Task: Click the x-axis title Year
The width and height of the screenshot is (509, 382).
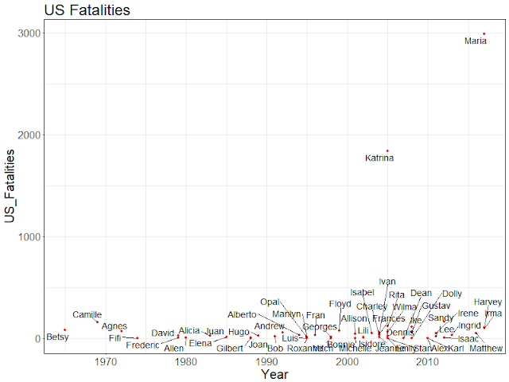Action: click(274, 373)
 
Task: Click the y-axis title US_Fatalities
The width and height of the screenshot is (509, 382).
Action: click(10, 186)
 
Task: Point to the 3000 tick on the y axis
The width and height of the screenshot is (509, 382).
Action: click(29, 33)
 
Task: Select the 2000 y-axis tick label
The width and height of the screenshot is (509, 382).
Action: click(29, 135)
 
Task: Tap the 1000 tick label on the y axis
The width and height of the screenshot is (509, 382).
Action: click(29, 237)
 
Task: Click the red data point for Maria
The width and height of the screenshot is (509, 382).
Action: click(484, 33)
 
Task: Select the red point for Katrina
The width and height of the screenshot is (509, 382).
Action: click(387, 150)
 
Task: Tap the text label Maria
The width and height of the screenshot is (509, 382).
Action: click(476, 41)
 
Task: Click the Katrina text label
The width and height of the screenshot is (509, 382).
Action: click(379, 158)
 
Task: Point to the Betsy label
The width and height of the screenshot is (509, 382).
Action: click(57, 337)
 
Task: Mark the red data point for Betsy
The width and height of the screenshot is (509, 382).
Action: click(65, 329)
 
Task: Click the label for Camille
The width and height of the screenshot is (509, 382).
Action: click(87, 315)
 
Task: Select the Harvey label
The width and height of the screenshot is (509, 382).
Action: click(488, 302)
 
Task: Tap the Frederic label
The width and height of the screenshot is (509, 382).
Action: click(142, 345)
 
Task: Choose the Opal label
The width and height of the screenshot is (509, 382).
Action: click(270, 302)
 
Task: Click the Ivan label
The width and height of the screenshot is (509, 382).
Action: click(387, 282)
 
